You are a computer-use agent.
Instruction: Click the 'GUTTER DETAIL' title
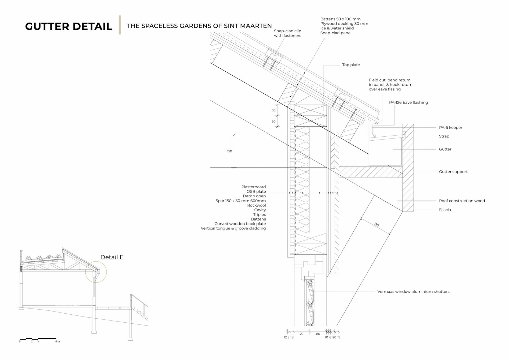[x=69, y=26]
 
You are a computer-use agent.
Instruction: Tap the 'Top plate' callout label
[x=351, y=65]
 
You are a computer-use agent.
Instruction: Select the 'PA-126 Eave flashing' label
[x=408, y=102]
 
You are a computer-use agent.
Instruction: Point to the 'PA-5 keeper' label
[x=450, y=127]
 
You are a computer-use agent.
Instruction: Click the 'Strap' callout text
[x=444, y=136]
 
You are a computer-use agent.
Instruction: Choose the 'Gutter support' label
[x=453, y=172]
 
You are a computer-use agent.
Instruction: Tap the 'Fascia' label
[x=445, y=210]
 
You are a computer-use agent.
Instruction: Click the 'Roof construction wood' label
[x=462, y=201]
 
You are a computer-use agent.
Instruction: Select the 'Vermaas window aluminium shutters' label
[x=413, y=291]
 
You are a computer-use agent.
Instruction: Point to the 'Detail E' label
[x=112, y=257]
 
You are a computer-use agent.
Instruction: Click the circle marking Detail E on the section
[x=96, y=272]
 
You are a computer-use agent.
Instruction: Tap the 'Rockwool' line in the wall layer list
[x=256, y=205]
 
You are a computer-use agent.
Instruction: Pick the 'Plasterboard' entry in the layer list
[x=253, y=187]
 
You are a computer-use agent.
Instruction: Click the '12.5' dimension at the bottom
[x=286, y=337]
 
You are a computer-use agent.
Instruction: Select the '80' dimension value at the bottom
[x=318, y=334]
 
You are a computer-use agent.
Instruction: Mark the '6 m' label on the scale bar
[x=58, y=341]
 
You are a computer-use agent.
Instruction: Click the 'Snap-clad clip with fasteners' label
[x=287, y=33]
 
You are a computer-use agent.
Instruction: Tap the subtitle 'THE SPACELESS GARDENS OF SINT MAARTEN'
[x=199, y=26]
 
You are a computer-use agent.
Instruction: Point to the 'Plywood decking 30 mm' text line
[x=344, y=24]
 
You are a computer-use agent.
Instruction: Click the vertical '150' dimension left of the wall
[x=229, y=151]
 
